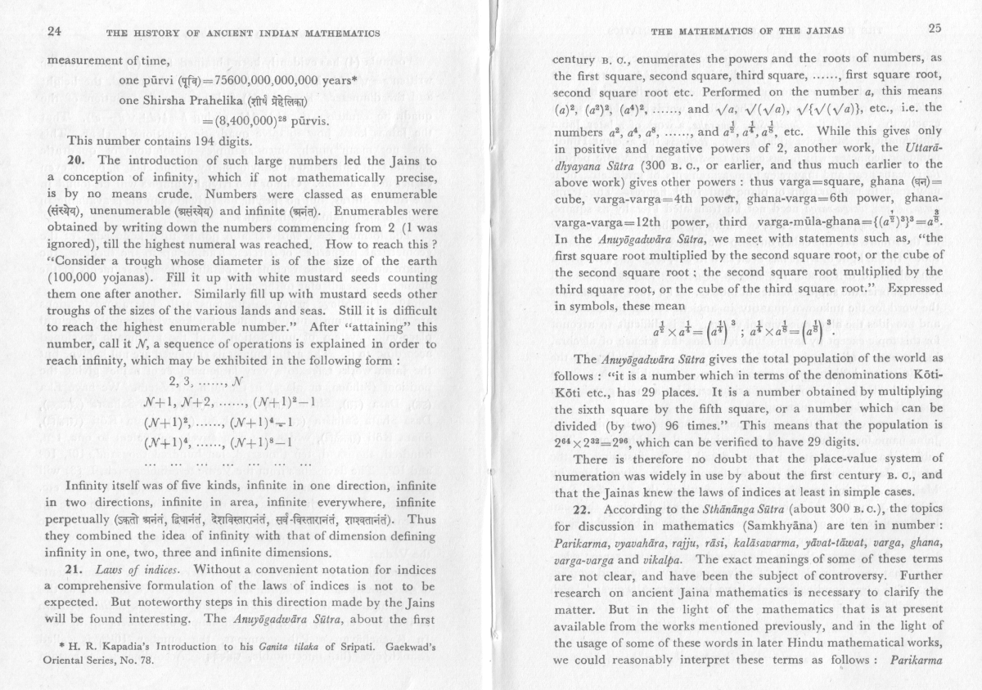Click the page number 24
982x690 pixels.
[x=55, y=32]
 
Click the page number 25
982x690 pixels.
[x=935, y=30]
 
